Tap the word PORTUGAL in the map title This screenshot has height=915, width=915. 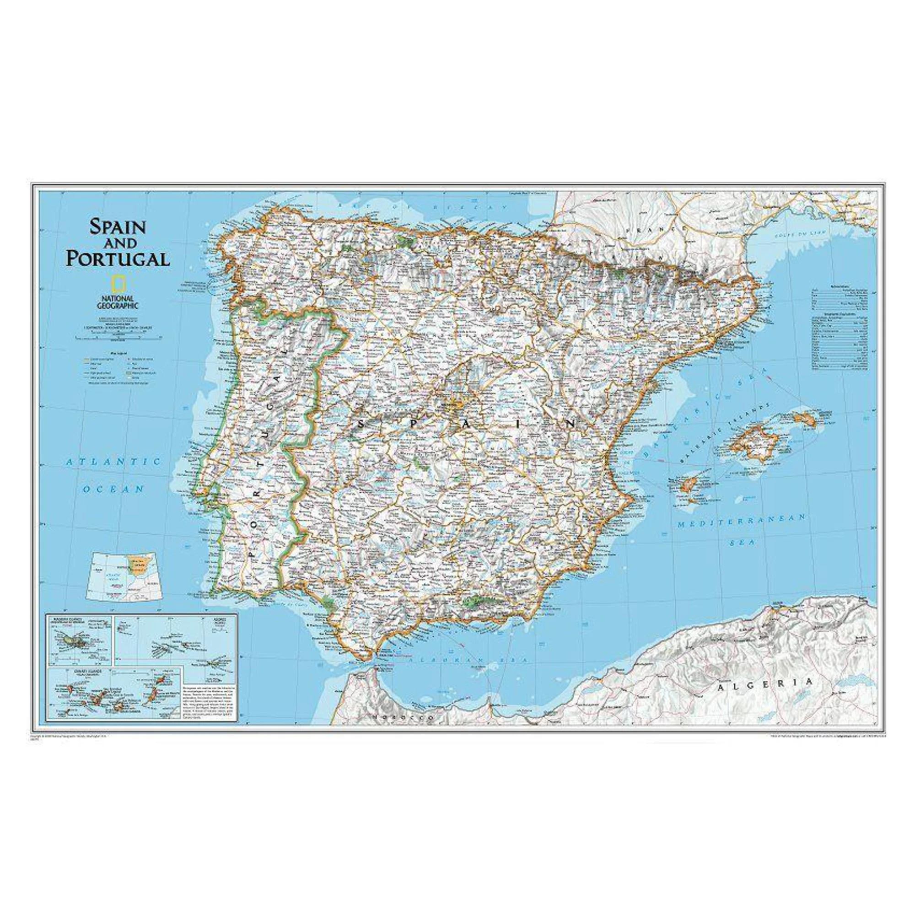point(118,258)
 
